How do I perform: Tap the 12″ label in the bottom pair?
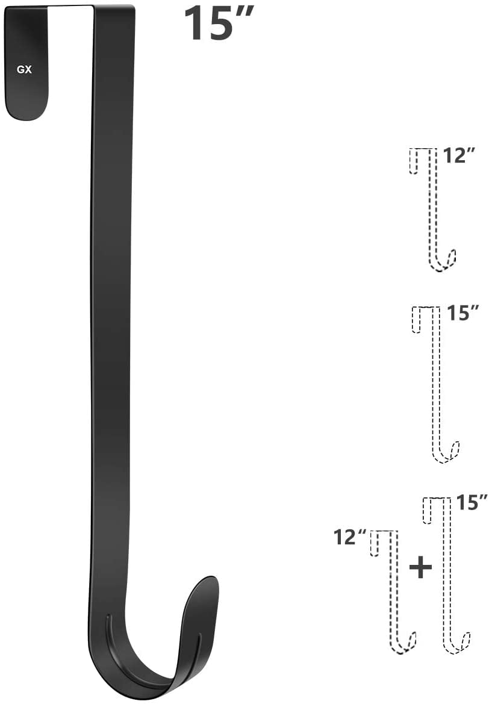pyautogui.click(x=350, y=535)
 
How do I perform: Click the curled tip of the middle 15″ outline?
pyautogui.click(x=455, y=449)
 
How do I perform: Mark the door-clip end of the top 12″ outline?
pyautogui.click(x=414, y=161)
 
